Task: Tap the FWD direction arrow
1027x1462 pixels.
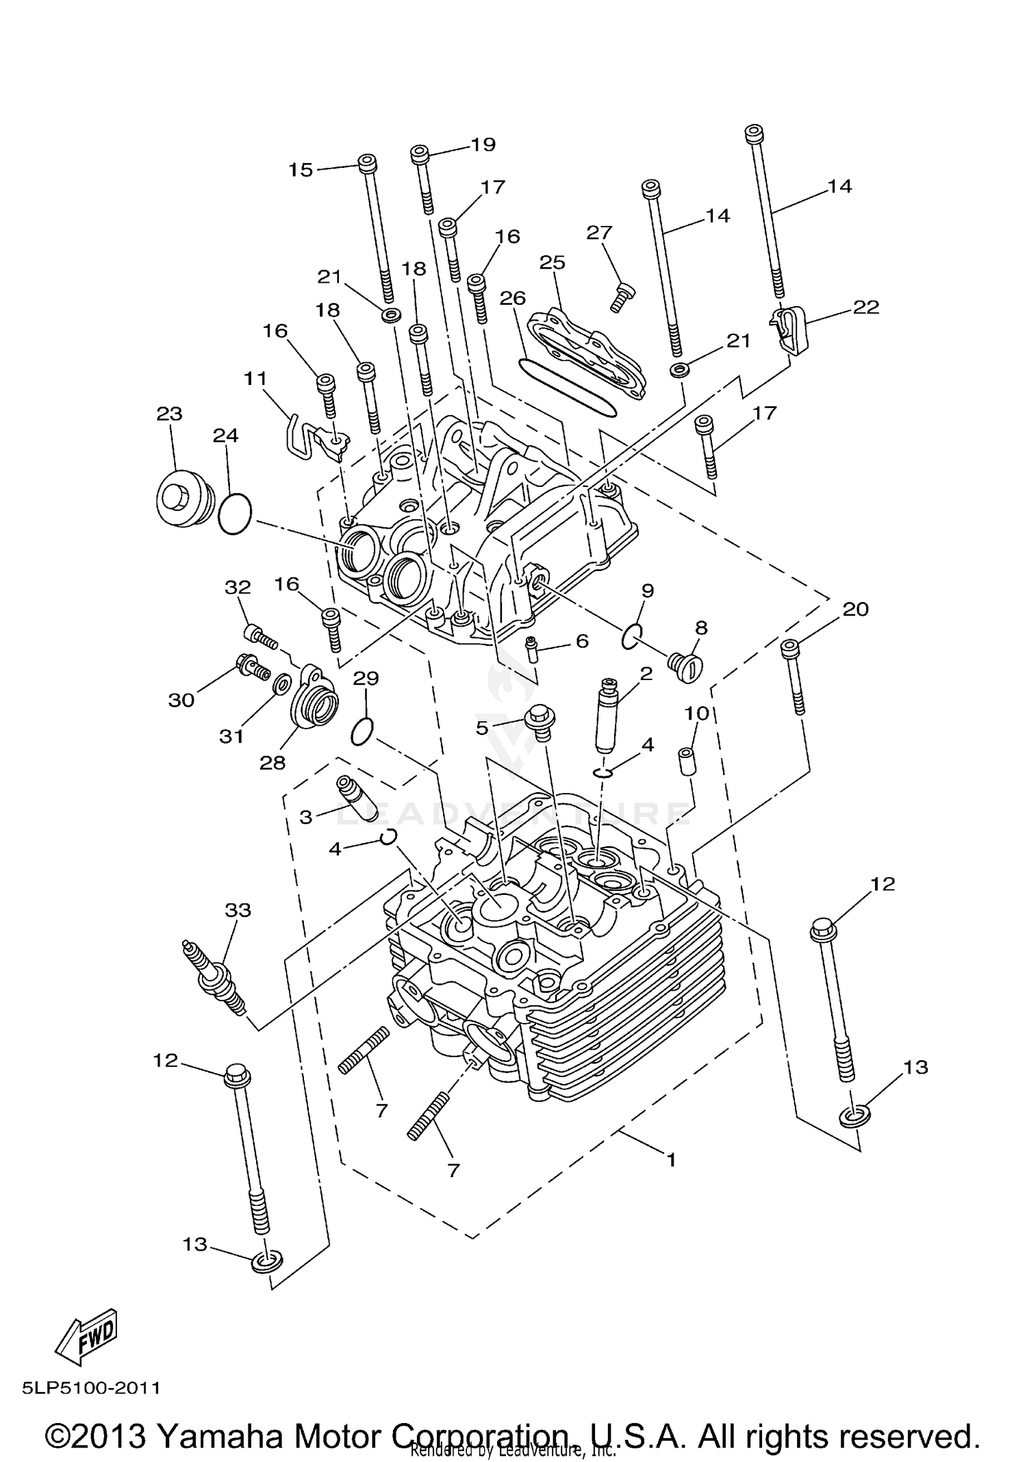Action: (x=88, y=1334)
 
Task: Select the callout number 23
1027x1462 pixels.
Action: (x=169, y=414)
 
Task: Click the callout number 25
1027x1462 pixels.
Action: (x=553, y=262)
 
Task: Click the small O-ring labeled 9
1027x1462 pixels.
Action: (x=631, y=636)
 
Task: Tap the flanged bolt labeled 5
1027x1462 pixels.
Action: (x=540, y=723)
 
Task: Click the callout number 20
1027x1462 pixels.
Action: (x=855, y=609)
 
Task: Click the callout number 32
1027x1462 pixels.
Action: (x=238, y=588)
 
